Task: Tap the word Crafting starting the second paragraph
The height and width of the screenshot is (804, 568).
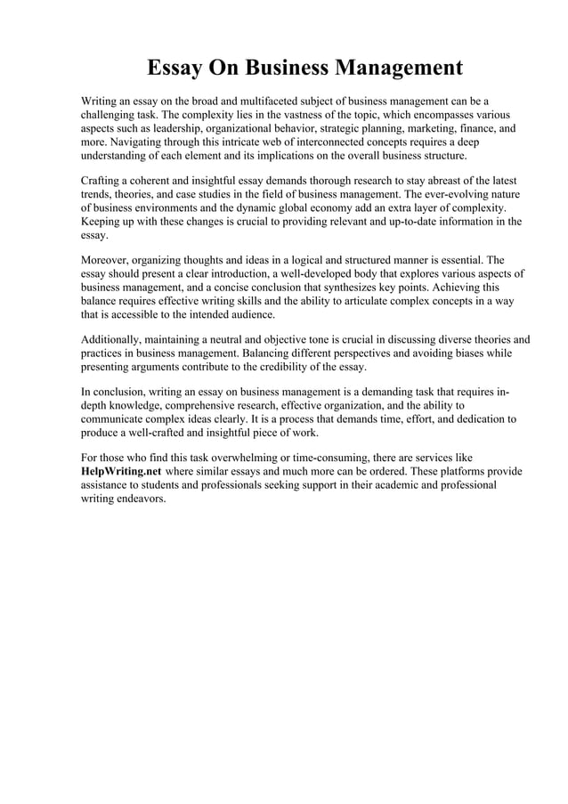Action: coord(101,182)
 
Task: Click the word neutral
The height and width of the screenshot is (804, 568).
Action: coord(227,340)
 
